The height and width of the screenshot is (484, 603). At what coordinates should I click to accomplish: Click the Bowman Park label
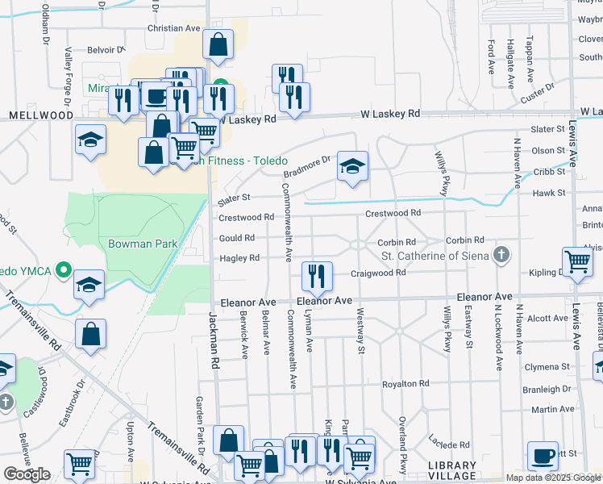click(142, 243)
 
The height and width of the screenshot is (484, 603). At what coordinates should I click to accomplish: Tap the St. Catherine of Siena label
click(435, 257)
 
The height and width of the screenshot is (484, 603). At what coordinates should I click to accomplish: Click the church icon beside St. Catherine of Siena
click(501, 256)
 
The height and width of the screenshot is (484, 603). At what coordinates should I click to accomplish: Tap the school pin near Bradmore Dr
click(352, 166)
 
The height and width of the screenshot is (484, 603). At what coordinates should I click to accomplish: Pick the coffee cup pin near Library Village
click(543, 457)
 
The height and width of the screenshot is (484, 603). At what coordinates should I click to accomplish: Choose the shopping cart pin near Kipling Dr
click(578, 261)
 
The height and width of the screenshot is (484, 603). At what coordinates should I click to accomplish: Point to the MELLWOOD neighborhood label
click(41, 115)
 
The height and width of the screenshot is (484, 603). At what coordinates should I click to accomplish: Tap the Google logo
click(27, 474)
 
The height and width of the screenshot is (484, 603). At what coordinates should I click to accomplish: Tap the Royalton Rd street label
click(403, 384)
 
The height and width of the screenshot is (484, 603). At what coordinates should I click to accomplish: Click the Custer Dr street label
click(538, 93)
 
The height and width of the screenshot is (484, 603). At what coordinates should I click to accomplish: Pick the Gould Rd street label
click(237, 238)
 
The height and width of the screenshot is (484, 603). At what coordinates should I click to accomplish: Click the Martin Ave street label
click(554, 410)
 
